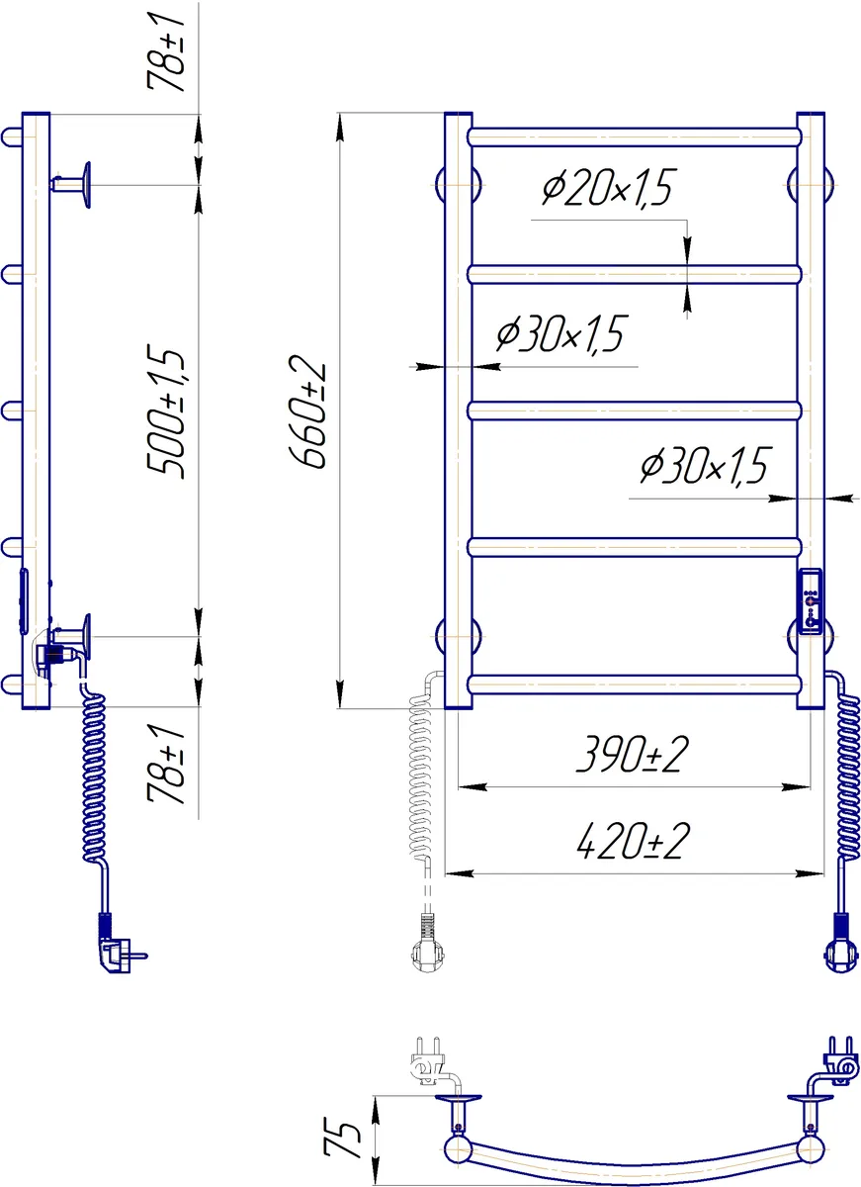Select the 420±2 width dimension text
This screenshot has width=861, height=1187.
tap(633, 841)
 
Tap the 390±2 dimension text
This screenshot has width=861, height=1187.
tap(633, 755)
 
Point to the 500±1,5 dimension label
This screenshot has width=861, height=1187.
tap(166, 411)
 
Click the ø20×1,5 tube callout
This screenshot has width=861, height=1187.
tap(607, 188)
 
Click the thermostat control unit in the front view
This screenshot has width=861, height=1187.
tap(811, 601)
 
